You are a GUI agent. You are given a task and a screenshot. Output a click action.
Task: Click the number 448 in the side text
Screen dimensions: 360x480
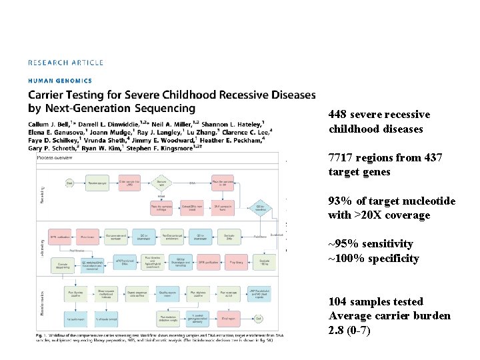(x=337, y=115)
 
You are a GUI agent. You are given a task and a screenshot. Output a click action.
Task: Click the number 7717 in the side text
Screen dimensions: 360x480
(x=339, y=158)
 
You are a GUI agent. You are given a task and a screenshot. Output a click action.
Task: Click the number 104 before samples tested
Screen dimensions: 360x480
(x=337, y=302)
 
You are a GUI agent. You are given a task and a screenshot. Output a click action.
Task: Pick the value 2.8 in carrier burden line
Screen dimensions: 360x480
(x=336, y=330)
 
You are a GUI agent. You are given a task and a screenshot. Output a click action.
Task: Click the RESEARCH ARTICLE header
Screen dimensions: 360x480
(x=65, y=63)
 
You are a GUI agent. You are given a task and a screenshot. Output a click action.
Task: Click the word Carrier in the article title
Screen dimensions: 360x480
(x=53, y=95)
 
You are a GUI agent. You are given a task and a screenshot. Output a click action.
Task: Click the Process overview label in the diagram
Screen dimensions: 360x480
(x=55, y=158)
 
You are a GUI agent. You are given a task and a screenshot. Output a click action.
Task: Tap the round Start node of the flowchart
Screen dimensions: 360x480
(x=69, y=182)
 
